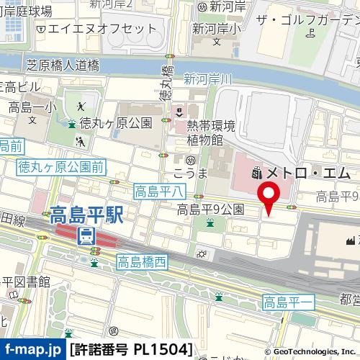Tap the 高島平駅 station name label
86,215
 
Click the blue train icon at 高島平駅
86,234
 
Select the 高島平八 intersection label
160,191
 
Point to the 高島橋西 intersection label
142,262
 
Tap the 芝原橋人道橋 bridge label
62,66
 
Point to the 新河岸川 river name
209,78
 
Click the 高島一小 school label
32,108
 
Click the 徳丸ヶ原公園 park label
115,122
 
